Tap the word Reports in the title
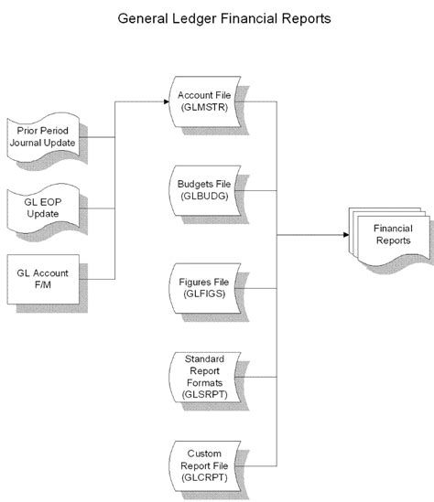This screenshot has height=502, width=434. [302, 18]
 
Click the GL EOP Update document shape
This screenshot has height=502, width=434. [40, 206]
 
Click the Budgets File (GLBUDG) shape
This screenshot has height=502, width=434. [205, 190]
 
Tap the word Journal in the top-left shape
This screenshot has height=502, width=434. [28, 142]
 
